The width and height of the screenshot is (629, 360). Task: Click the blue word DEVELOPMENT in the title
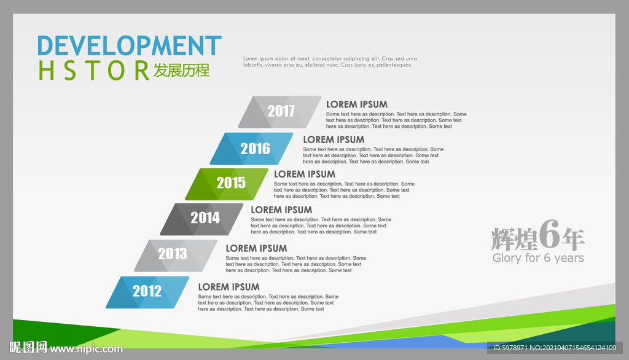129,45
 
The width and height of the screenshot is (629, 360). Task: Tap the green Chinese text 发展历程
182,70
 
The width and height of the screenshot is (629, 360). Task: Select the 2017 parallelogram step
279,112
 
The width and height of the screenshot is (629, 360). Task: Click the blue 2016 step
251,149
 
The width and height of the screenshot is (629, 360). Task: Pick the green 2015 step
227,184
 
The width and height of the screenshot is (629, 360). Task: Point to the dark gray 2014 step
201,219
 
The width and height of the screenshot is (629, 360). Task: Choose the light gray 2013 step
176,256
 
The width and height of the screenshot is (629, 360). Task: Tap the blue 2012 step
147,292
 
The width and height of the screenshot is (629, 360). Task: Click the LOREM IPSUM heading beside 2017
357,104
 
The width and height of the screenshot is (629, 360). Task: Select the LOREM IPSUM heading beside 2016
334,139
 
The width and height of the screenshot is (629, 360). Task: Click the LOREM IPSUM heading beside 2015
305,174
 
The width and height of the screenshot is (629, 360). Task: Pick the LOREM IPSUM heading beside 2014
281,210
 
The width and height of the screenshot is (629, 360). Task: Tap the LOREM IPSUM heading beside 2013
256,248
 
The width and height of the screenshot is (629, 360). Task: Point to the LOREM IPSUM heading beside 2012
229,287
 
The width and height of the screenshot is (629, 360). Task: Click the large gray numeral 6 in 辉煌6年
549,234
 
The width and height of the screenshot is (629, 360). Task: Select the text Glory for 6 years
538,257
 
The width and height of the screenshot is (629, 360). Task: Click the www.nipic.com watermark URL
86,348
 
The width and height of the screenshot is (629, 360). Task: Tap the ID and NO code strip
555,348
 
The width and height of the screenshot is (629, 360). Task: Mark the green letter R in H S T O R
142,70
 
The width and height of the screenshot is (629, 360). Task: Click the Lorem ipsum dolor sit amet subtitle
330,61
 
